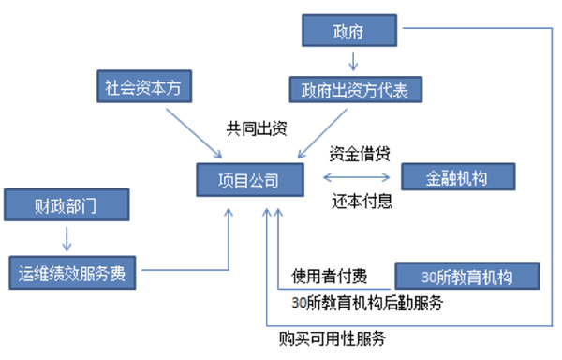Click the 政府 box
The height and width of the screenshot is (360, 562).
pyautogui.click(x=351, y=31)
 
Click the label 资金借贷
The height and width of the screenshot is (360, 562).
pyautogui.click(x=361, y=153)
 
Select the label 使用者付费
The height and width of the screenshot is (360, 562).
pyautogui.click(x=328, y=276)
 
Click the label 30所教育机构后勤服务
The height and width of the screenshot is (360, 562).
pyautogui.click(x=367, y=303)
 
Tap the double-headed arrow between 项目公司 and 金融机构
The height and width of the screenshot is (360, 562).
pyautogui.click(x=359, y=177)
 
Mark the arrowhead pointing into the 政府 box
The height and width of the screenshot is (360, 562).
pyautogui.click(x=408, y=32)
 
